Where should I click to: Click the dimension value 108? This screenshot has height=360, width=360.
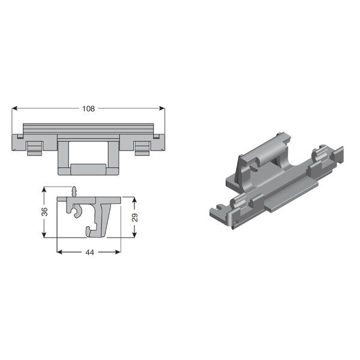pos(88,109)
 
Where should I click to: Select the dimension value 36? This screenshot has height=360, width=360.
pos(44,211)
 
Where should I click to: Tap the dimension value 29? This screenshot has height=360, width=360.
pos(135,217)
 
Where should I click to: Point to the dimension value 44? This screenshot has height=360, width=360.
pos(89,253)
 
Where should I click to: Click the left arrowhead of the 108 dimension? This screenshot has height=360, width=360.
pos(14,108)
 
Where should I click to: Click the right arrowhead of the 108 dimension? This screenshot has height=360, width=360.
pos(162,108)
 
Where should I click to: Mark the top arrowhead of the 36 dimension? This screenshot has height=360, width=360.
pos(44,190)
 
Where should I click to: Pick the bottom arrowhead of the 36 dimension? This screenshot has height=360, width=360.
pos(44,235)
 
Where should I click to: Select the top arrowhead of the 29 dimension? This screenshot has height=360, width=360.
pos(134,200)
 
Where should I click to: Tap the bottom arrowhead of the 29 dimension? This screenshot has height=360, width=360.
pos(134,235)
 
